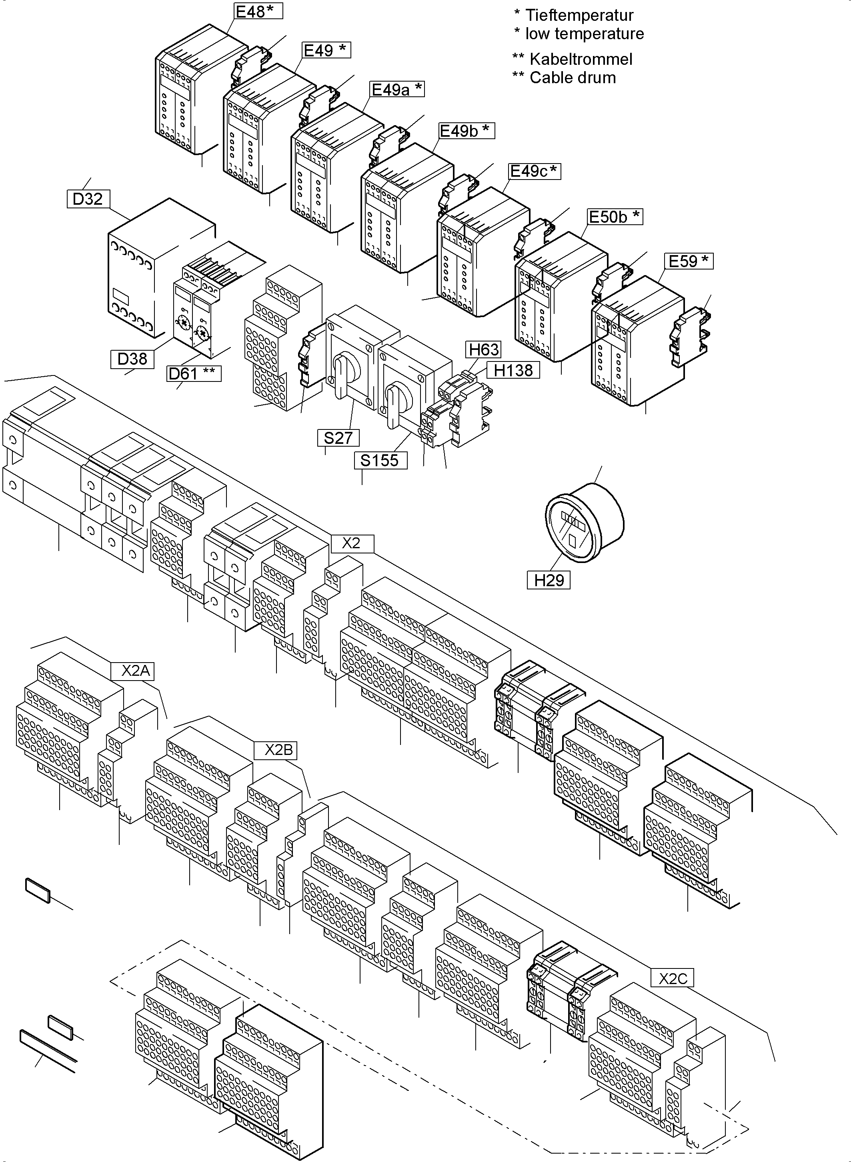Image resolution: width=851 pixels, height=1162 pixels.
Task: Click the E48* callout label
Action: tap(258, 11)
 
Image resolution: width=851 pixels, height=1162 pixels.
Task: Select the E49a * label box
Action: tap(396, 90)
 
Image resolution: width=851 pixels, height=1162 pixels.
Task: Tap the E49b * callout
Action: tap(466, 131)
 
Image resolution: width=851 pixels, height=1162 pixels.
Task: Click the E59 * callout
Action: tap(688, 261)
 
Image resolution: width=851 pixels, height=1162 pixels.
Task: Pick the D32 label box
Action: tap(88, 199)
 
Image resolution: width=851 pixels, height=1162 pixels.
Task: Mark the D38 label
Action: tap(132, 359)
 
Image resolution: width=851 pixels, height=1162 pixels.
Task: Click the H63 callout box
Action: tap(484, 349)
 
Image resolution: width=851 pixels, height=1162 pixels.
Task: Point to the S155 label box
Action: tap(380, 460)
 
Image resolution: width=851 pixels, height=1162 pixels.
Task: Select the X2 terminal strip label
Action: tap(351, 543)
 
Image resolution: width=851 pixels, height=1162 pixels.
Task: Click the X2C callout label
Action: tap(672, 978)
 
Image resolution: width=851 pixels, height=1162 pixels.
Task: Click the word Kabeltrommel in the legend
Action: tap(581, 59)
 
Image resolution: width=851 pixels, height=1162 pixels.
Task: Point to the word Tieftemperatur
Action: tap(579, 16)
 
